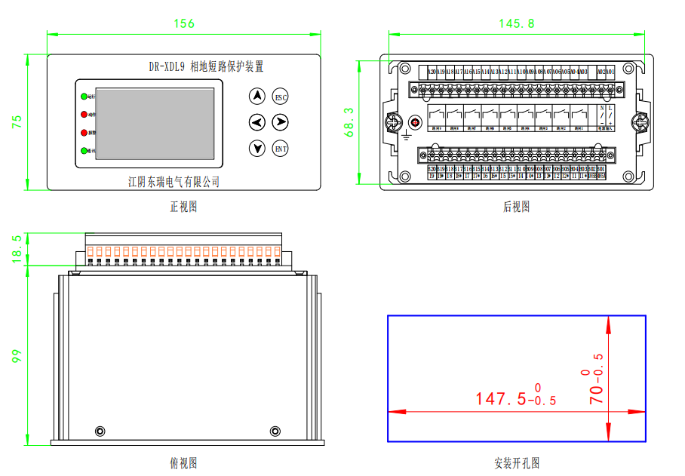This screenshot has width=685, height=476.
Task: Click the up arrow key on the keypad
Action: tap(258, 96)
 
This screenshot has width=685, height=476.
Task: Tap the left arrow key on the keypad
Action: tap(258, 121)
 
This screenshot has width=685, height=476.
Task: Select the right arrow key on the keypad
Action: tap(280, 121)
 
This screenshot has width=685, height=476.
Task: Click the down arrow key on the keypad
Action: tap(258, 148)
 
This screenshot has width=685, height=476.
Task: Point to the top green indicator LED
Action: tap(83, 97)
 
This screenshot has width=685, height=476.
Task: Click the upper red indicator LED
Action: tap(83, 115)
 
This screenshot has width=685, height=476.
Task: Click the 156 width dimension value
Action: tap(184, 23)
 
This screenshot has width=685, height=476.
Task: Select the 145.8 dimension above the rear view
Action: tap(517, 23)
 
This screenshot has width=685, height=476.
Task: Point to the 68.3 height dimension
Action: tap(349, 121)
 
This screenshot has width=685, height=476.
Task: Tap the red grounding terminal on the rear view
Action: tap(414, 122)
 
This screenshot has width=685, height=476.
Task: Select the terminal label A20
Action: tap(432, 72)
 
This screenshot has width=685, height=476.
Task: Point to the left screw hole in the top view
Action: tap(100, 431)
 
